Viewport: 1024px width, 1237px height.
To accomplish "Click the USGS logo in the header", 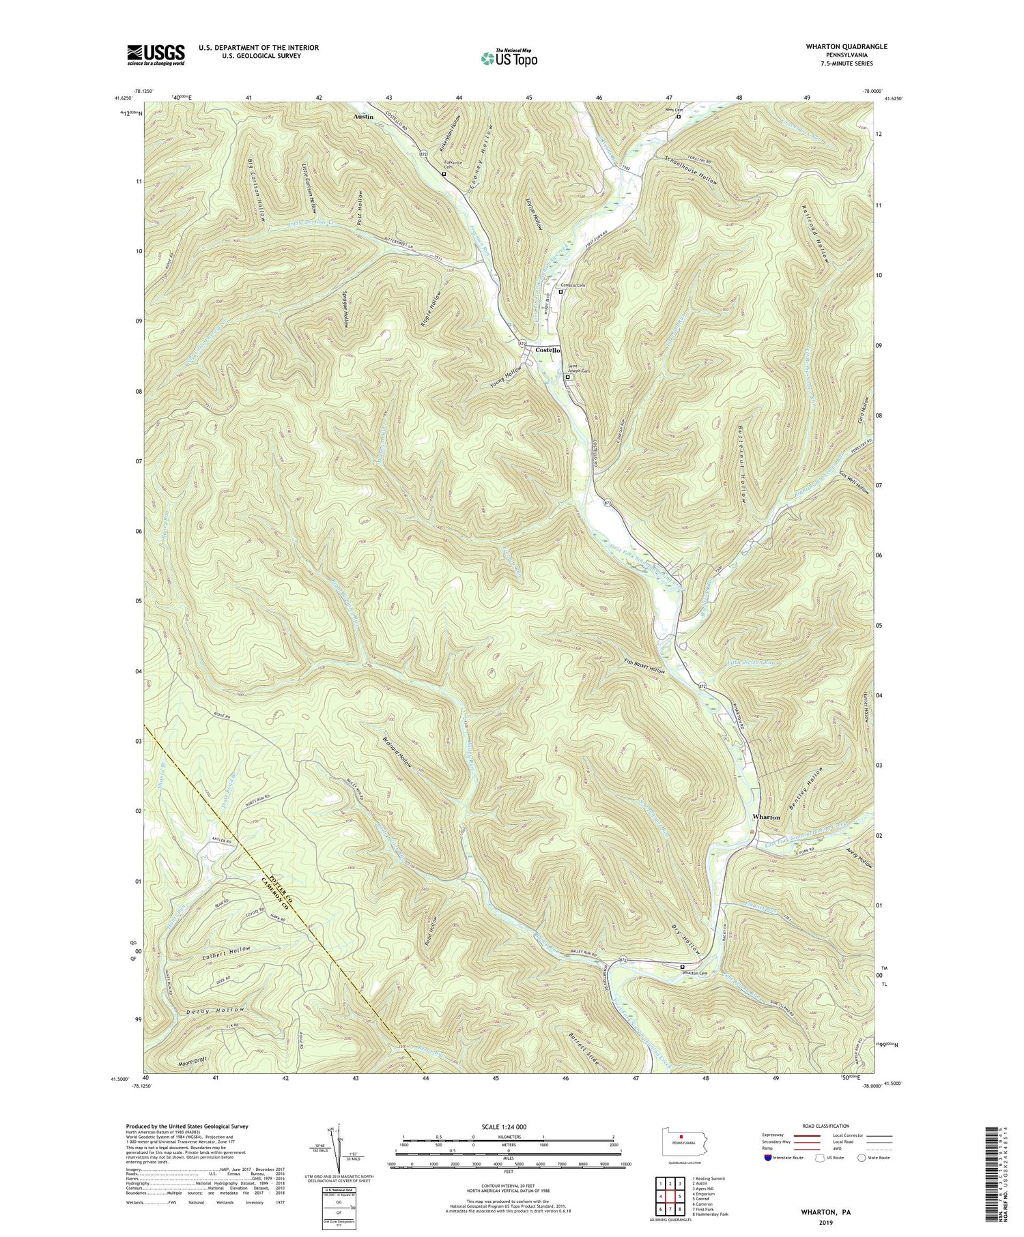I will tap(156, 55).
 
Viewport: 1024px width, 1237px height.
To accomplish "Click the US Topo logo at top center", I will tap(509, 58).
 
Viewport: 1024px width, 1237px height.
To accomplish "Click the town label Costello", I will tap(547, 349).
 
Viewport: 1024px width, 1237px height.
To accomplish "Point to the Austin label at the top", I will tap(363, 117).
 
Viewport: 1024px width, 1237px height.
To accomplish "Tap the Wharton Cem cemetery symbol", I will tap(682, 967).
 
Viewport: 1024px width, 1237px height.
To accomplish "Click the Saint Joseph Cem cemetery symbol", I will tap(567, 376).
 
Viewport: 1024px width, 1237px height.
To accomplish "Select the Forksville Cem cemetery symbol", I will tap(444, 174).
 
